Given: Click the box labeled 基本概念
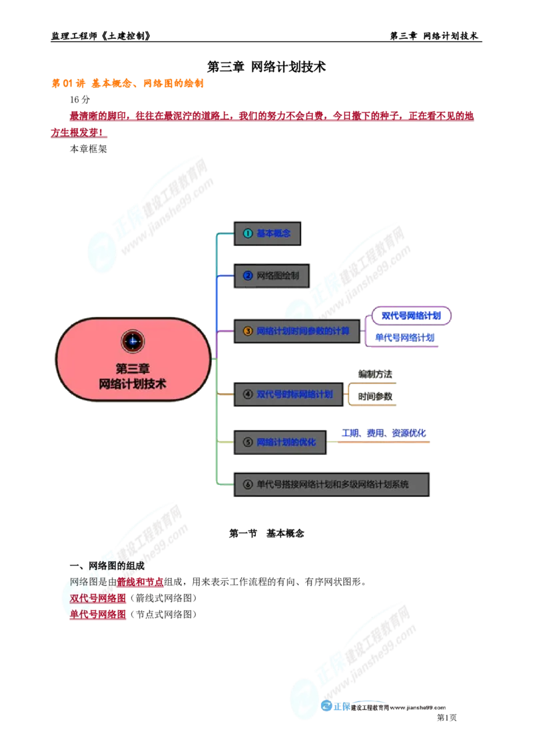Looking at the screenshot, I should point(266,234).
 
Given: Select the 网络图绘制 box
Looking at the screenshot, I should point(270,275).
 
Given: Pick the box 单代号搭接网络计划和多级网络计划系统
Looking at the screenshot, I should point(330,485).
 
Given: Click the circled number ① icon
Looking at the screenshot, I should point(247,234).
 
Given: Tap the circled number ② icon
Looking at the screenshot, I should point(247,275).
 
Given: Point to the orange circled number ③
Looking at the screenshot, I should point(247,330).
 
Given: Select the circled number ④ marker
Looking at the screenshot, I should point(247,394).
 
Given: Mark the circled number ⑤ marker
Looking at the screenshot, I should point(247,442).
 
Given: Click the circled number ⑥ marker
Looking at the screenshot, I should point(247,485).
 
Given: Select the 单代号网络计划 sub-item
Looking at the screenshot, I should point(404,338).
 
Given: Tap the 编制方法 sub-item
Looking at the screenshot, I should point(375,374).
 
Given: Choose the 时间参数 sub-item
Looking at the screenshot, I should point(375,396).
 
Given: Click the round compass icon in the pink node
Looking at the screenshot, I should point(133,342).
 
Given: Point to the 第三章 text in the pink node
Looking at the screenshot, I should point(133,368).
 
